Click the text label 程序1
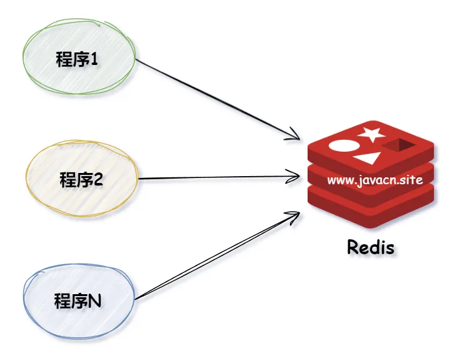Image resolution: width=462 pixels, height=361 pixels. [77, 59]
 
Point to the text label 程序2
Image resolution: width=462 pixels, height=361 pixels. [81, 179]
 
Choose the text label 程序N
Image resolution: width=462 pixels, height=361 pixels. [78, 300]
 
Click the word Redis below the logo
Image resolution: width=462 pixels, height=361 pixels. [371, 247]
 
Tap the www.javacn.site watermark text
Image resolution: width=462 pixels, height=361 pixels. [375, 180]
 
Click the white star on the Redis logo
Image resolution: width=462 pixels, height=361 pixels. [371, 134]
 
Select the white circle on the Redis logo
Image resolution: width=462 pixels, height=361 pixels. [344, 146]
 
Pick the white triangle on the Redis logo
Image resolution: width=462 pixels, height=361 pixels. [368, 158]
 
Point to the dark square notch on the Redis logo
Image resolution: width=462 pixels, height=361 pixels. [399, 145]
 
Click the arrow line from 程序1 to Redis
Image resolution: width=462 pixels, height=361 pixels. [217, 99]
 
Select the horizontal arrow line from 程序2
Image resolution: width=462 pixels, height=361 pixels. [219, 177]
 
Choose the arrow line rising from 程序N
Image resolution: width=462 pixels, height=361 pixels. [217, 255]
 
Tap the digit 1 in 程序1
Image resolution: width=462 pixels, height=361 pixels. [94, 59]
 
